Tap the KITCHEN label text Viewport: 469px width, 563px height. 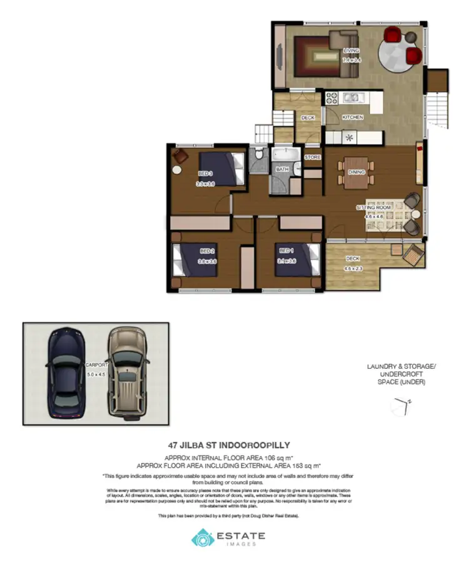tap(353, 117)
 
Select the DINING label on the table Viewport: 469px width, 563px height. tap(356, 172)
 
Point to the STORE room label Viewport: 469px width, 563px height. tap(312, 157)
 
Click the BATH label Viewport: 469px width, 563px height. tap(282, 169)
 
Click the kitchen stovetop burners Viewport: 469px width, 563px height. tap(331, 98)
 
